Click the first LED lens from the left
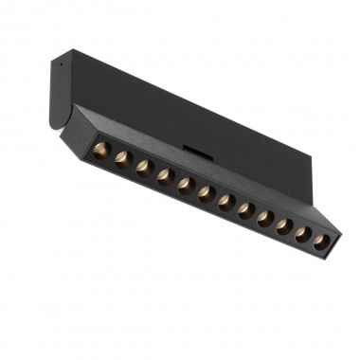click(101, 151)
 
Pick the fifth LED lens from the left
click(184, 181)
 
